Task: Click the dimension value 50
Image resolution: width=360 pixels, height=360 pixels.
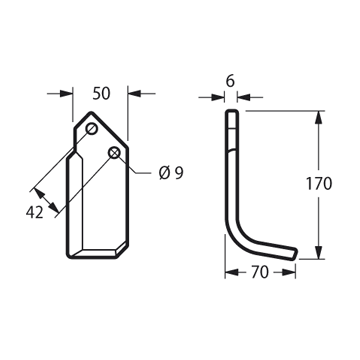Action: [x=101, y=94]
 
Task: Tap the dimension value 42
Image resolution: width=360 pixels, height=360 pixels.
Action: [x=35, y=213]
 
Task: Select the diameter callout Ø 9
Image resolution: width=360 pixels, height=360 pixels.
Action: [x=171, y=173]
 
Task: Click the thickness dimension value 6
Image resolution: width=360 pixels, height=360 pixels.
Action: [x=231, y=81]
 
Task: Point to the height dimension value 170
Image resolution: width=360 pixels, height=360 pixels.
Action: [x=319, y=184]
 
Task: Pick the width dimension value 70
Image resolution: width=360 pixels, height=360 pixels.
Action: [x=260, y=272]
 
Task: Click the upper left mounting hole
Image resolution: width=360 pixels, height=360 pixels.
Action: [x=91, y=128]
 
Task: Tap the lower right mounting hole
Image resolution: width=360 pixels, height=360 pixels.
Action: [x=114, y=153]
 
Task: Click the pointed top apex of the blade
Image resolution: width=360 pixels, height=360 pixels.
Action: [x=91, y=112]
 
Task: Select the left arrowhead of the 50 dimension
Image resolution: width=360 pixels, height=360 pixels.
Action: [x=66, y=94]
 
